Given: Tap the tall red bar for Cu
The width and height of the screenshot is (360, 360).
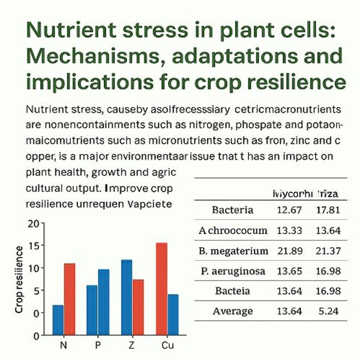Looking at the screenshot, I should pos(161,288).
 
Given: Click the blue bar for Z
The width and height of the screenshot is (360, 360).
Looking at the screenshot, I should pos(127,296).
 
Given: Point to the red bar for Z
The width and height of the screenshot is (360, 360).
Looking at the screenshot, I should pos(138,307).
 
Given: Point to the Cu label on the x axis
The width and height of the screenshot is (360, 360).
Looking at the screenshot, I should pos(169,347).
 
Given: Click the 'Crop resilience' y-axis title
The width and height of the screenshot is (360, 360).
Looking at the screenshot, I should pos(19,279).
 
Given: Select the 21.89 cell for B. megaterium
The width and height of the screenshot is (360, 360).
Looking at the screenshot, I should pos(289,250).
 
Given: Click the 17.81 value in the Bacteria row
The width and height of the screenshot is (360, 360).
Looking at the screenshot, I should pos(327,210).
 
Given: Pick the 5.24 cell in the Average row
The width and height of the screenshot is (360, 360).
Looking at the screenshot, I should pos(327,311).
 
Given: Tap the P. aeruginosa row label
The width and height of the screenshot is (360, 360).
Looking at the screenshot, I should pos(233,271).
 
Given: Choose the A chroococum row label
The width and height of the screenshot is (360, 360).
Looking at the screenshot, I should pos(232,230).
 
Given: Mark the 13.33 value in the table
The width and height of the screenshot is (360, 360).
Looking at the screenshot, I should pos(289,230).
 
